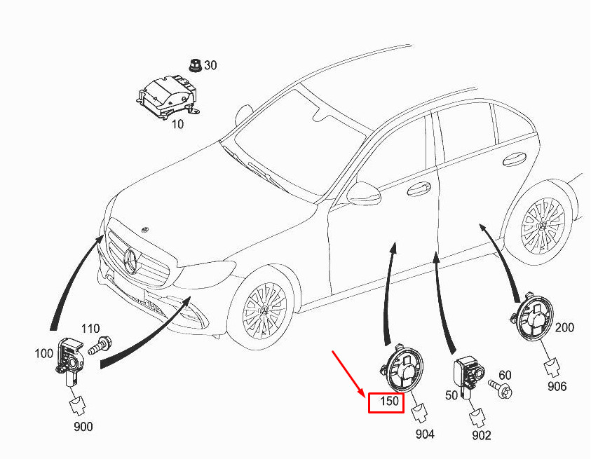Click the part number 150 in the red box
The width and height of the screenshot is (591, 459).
point(386,402)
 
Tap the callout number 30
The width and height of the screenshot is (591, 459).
point(210,65)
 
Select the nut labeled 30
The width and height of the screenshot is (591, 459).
point(193,65)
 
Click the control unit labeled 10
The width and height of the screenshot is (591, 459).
point(167,96)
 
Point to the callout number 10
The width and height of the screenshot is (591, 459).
point(177,124)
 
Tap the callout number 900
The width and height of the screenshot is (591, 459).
point(82,427)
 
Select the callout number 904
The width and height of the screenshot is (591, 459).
point(425,434)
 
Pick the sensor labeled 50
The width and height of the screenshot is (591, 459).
point(467,371)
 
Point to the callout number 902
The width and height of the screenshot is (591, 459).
point(482,436)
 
